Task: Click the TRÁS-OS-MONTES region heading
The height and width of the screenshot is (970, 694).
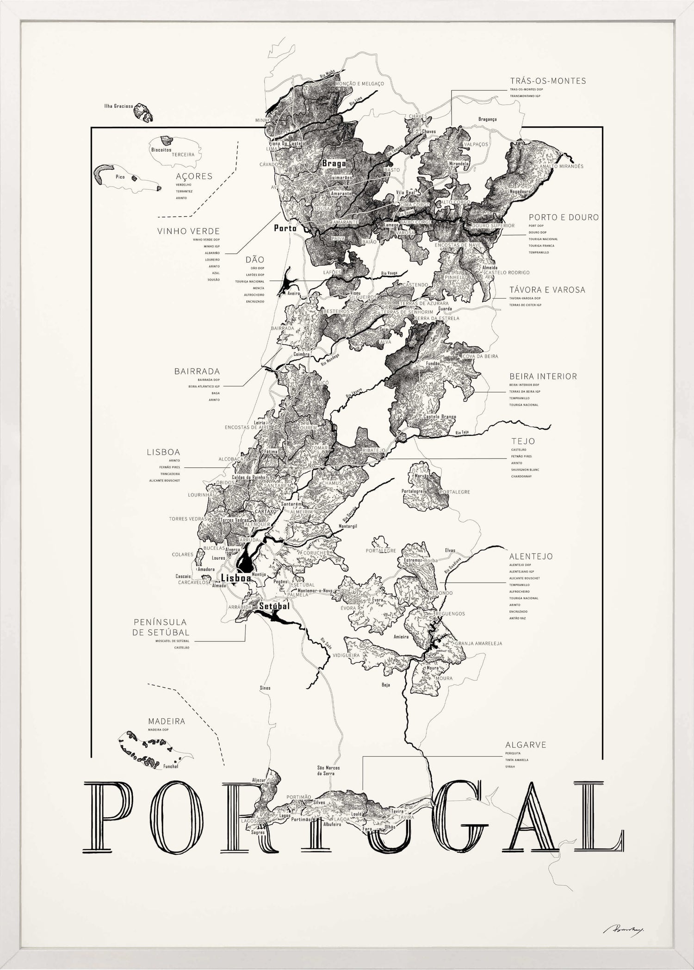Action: [x=548, y=81]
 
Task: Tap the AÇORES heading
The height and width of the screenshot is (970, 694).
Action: [x=194, y=176]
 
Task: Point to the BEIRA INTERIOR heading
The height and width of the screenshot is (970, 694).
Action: [x=543, y=376]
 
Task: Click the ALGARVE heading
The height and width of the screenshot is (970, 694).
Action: [x=526, y=745]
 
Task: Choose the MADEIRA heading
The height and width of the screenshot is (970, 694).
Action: [x=167, y=721]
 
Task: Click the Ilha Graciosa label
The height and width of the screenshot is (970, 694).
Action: [x=118, y=106]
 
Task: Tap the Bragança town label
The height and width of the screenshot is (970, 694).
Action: [x=487, y=119]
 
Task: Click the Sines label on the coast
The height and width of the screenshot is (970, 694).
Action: [x=265, y=688]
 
